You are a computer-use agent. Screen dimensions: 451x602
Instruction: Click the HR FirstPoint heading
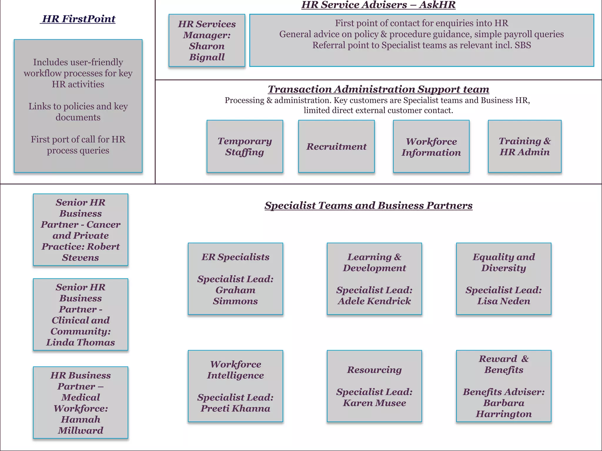tap(79, 19)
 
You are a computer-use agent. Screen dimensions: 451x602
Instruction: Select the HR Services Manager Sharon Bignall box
tap(207, 41)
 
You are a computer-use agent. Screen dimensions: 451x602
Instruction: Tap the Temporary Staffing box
tap(245, 146)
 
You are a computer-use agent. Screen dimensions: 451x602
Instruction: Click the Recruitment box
tap(336, 146)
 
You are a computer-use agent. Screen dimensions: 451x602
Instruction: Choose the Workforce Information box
tap(431, 146)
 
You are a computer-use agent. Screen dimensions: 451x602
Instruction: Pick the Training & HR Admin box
tap(524, 146)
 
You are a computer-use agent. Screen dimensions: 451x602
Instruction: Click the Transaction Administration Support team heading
tap(378, 89)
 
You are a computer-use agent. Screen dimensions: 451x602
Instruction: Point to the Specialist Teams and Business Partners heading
tap(368, 206)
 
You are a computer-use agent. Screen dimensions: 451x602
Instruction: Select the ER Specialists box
tap(235, 279)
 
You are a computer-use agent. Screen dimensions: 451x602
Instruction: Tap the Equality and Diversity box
tap(504, 279)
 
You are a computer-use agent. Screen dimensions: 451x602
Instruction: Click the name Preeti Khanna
tap(235, 408)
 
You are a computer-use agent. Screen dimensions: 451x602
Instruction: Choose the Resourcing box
tap(374, 386)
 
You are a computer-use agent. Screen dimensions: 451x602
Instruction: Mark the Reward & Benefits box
tap(504, 386)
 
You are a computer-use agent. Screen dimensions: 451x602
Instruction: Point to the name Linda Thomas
tap(81, 342)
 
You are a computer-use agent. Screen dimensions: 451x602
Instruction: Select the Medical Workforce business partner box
tap(81, 403)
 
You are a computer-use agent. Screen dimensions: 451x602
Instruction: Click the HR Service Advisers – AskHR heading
tap(378, 5)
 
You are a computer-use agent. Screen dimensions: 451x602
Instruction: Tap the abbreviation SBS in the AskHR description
tap(523, 45)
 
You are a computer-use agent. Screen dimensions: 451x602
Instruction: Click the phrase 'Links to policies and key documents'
tap(78, 112)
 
